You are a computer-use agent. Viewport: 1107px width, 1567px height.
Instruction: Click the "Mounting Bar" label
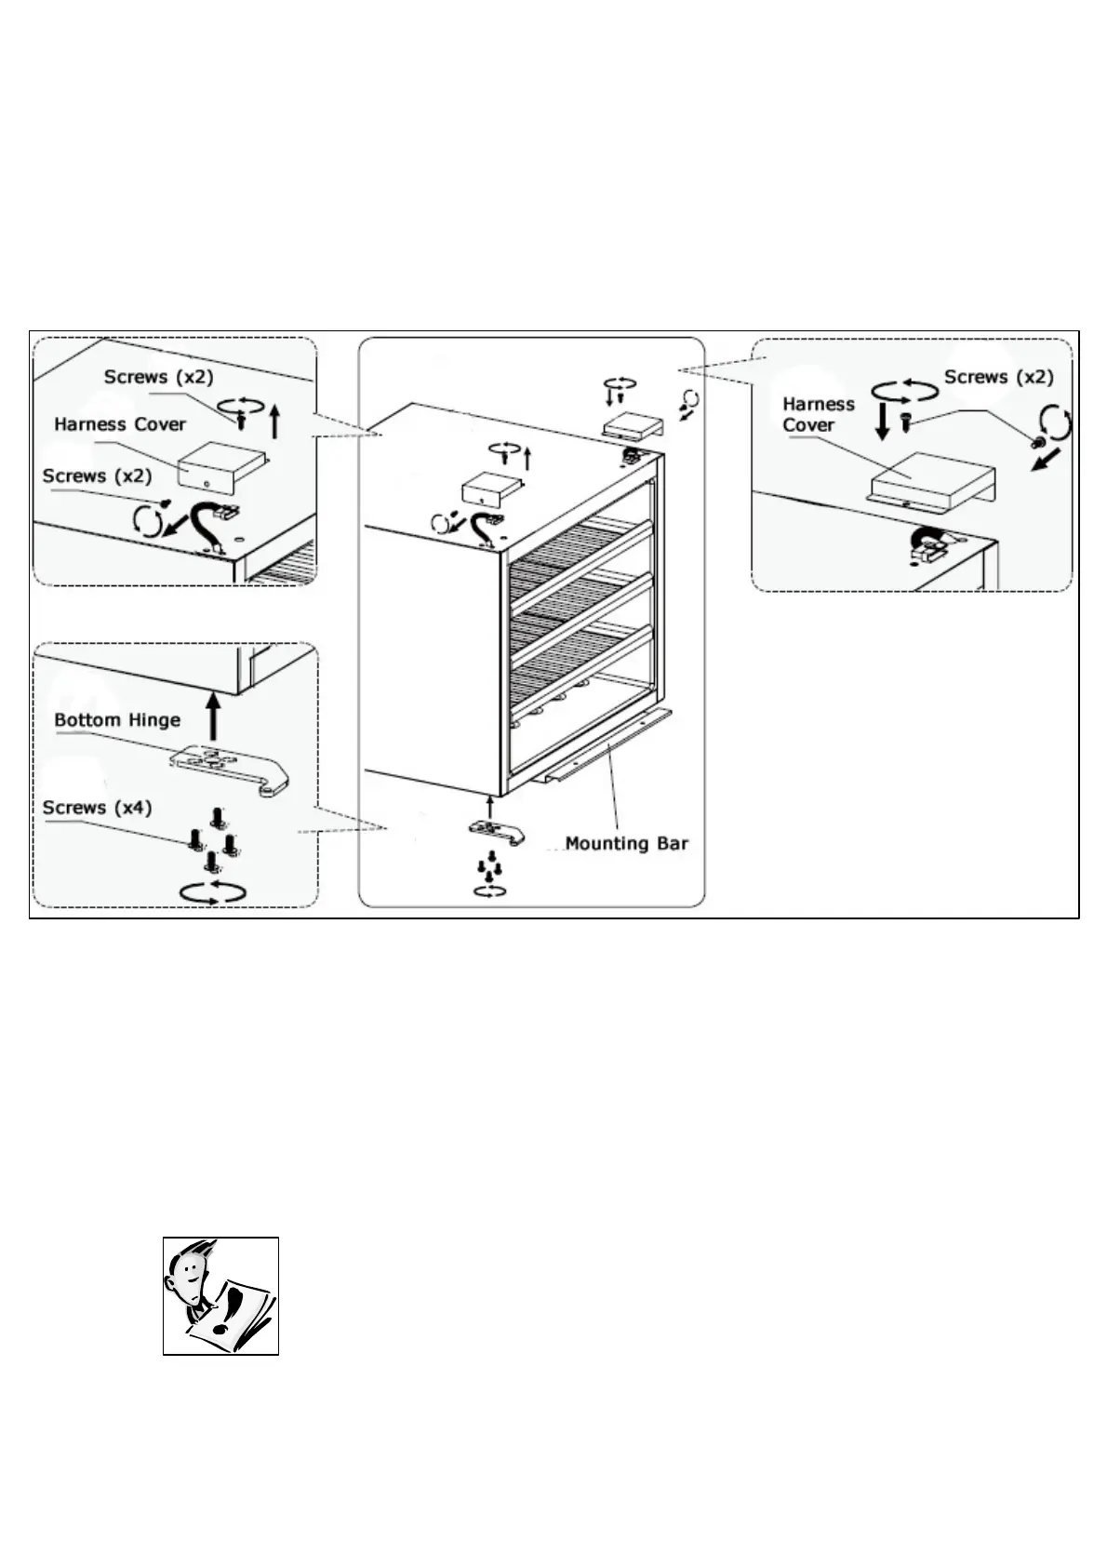click(626, 844)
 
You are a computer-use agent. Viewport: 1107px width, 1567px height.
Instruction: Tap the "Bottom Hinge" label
click(117, 720)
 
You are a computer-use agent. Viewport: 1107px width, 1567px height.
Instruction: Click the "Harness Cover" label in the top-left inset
click(120, 424)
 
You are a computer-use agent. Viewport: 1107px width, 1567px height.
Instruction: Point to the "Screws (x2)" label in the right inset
click(998, 377)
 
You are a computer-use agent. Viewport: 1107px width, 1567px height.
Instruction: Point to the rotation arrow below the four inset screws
click(213, 891)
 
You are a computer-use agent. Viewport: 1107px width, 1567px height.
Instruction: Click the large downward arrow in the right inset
click(883, 421)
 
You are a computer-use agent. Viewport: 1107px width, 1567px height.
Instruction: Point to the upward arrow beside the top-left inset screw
click(273, 421)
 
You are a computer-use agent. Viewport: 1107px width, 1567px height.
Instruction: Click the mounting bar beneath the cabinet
click(605, 744)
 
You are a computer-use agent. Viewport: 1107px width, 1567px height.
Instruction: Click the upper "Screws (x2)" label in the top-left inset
click(158, 377)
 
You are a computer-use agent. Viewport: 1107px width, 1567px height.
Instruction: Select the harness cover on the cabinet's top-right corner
click(633, 426)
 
